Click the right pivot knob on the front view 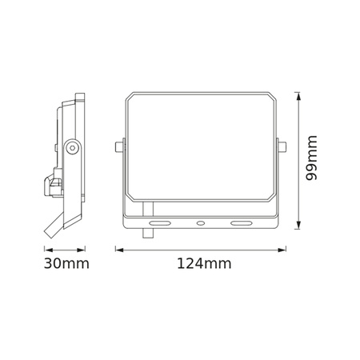pyautogui.click(x=281, y=146)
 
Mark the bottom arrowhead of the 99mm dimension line pyautogui.click(x=298, y=227)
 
